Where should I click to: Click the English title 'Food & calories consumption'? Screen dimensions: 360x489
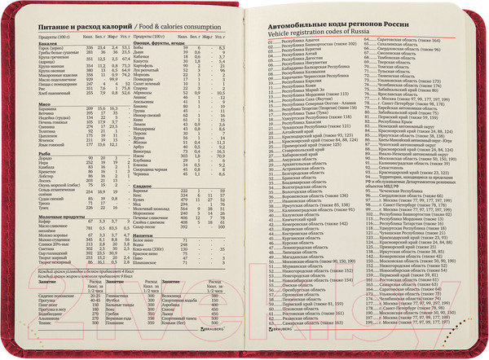pyautogui.click(x=174, y=26)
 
